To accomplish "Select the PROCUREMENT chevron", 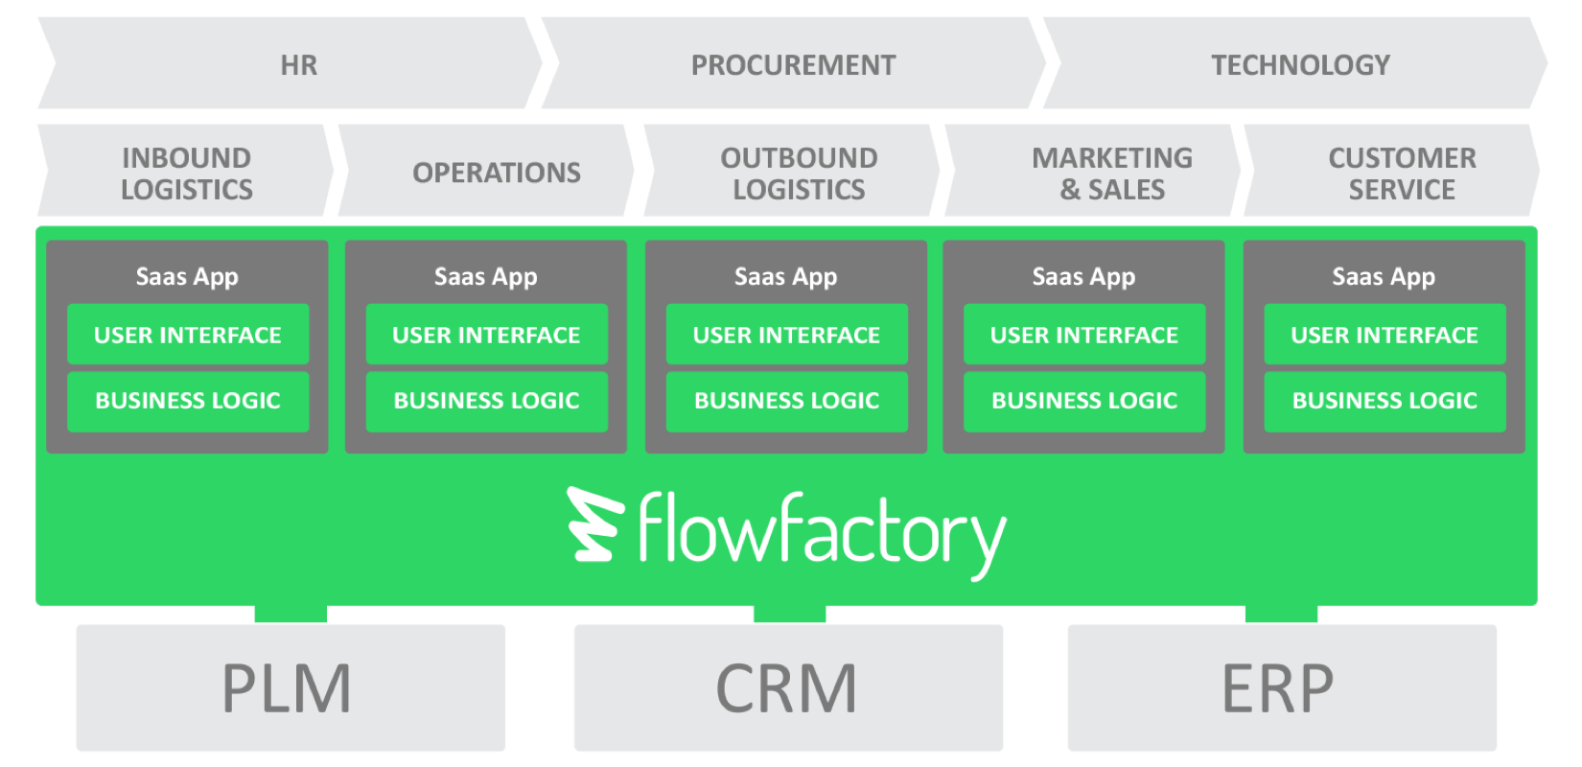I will (794, 64).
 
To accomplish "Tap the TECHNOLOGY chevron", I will (1300, 64).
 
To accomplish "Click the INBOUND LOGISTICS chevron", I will (187, 173).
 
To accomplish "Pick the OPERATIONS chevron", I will (496, 173).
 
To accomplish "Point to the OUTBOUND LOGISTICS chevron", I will (799, 173).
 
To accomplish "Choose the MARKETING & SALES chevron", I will (1112, 173).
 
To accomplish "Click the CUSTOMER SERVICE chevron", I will (1402, 173).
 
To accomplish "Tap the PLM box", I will (291, 687).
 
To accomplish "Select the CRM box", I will (788, 687).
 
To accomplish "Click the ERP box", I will (1281, 687).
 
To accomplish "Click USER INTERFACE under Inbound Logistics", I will (188, 335).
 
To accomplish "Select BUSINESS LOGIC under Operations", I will (486, 401).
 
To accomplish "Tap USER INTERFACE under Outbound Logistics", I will (786, 335).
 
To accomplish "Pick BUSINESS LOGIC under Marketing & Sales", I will (1084, 401).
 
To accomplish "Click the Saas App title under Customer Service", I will (1384, 277).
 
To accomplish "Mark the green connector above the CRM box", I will (789, 614).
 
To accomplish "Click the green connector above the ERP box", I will (1281, 614).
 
